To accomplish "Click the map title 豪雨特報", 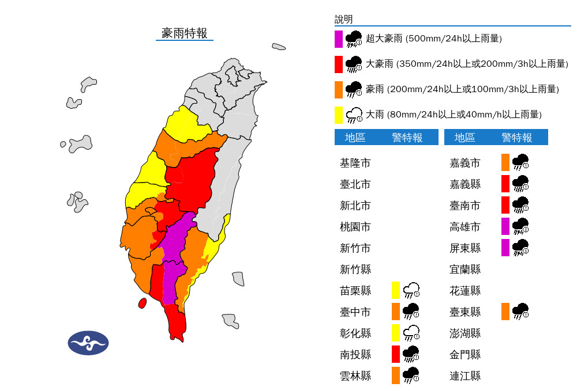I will coord(185,33).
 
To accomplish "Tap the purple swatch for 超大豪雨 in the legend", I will coord(339,39).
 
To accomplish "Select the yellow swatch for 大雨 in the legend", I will coord(339,115).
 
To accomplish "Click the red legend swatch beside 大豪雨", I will coord(339,64).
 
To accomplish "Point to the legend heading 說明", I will coord(343,20).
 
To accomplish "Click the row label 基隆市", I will coord(355,163).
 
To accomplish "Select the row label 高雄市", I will coord(465,227).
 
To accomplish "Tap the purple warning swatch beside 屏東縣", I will coord(505,248).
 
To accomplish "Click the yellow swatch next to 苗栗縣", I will coord(396,290).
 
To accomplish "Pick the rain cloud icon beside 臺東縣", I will coord(520,311).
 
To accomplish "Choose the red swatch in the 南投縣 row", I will coord(396,354).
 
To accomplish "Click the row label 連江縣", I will coord(465,376).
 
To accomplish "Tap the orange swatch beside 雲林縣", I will coord(396,375).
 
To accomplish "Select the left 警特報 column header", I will coord(407,137).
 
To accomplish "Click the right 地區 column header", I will coord(464,137).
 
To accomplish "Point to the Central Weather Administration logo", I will coord(88,343).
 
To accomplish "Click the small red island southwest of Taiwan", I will coord(142,303).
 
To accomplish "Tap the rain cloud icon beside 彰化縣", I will coord(411,333).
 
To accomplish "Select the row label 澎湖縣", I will coord(465,333).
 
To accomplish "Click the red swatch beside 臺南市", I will coord(505,205).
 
